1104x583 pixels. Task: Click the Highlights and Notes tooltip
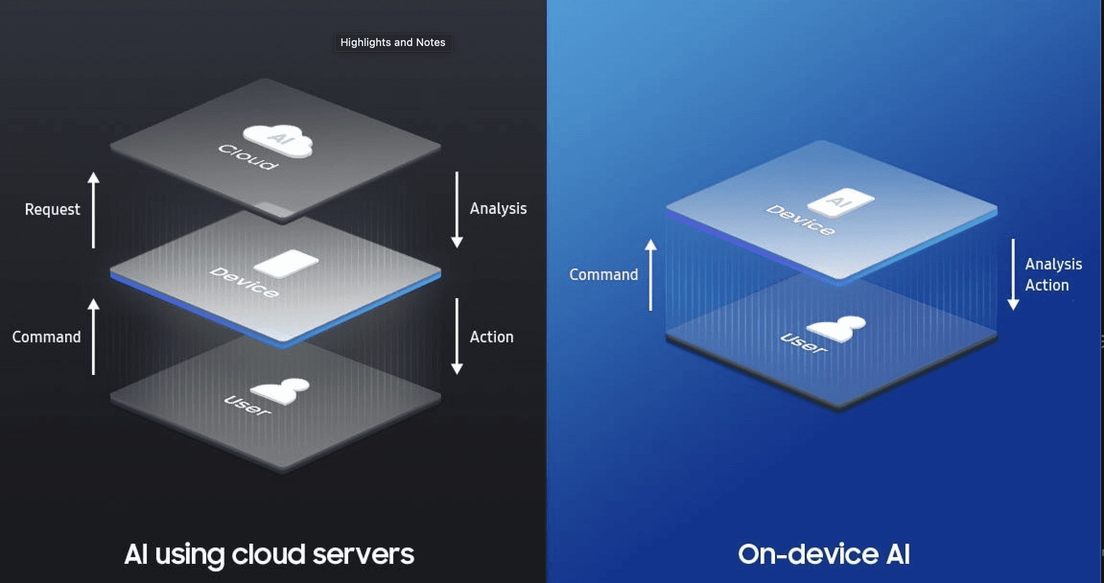(393, 43)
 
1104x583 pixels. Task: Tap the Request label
(52, 210)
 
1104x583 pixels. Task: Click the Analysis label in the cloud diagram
(498, 209)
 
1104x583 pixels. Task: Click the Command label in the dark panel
(47, 337)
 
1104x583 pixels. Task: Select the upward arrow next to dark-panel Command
(94, 337)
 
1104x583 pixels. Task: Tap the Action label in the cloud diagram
(491, 337)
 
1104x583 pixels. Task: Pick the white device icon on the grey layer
(286, 263)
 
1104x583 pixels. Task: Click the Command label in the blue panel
(603, 275)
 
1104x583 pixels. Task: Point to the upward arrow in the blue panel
(650, 275)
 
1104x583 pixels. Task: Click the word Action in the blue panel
(1046, 285)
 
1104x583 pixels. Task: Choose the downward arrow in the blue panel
(1013, 275)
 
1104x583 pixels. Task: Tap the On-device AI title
(823, 555)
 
